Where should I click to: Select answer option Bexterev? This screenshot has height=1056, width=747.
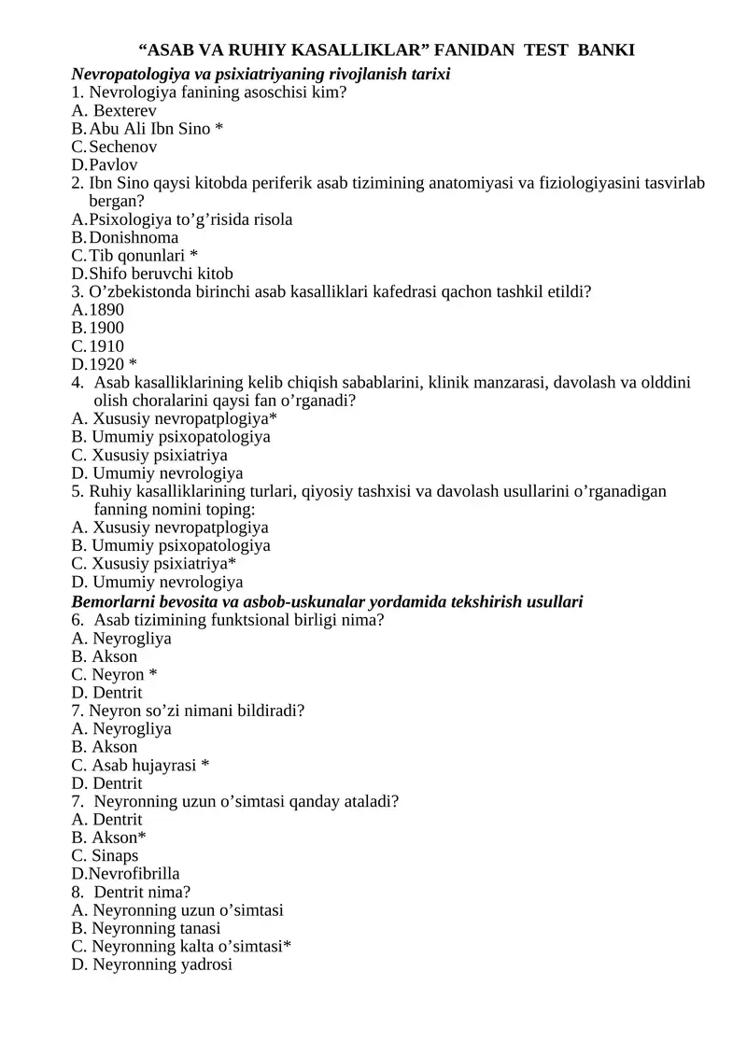125,110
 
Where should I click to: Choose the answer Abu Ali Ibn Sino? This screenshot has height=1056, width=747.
149,128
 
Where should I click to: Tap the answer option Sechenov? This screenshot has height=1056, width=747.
123,147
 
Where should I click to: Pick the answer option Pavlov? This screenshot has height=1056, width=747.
114,165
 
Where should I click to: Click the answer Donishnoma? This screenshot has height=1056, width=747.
134,237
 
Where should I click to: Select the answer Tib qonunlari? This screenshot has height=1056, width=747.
137,256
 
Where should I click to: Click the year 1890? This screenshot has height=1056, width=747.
106,310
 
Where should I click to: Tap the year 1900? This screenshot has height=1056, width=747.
106,328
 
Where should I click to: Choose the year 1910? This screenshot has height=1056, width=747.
106,346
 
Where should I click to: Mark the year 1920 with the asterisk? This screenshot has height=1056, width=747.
106,364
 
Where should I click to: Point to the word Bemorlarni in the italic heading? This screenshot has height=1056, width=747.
112,601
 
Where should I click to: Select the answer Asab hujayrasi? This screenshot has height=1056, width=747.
145,765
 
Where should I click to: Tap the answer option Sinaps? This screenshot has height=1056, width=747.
115,855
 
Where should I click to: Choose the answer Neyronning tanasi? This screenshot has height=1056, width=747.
156,928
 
